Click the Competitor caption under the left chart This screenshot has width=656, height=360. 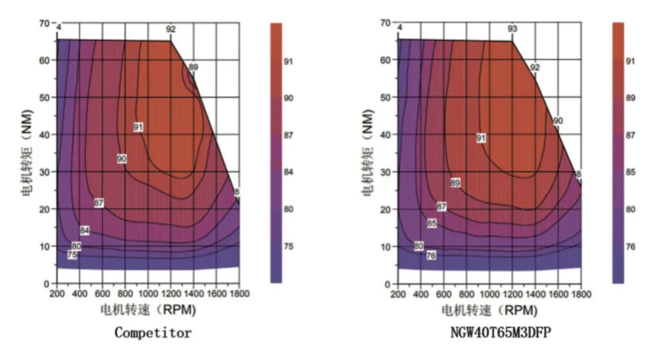pyautogui.click(x=153, y=333)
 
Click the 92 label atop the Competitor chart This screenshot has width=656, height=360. pyautogui.click(x=171, y=29)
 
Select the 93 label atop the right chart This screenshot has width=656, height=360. pyautogui.click(x=512, y=29)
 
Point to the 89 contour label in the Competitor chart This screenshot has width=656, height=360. pyautogui.click(x=193, y=67)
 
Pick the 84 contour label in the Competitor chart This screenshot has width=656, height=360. pyautogui.click(x=85, y=230)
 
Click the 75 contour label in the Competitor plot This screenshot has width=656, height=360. pyautogui.click(x=72, y=256)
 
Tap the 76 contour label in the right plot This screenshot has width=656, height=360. pyautogui.click(x=431, y=256)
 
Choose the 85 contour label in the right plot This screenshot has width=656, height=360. pyautogui.click(x=432, y=223)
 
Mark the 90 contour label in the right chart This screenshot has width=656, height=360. pyautogui.click(x=558, y=121)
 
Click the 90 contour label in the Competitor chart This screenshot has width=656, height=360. pyautogui.click(x=122, y=159)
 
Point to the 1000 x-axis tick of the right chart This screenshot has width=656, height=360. pyautogui.click(x=489, y=294)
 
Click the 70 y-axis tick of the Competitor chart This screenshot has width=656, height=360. pyautogui.click(x=43, y=24)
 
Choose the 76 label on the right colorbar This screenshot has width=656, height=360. pyautogui.click(x=630, y=247)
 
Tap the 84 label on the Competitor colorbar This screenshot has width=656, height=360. pyautogui.click(x=289, y=172)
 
